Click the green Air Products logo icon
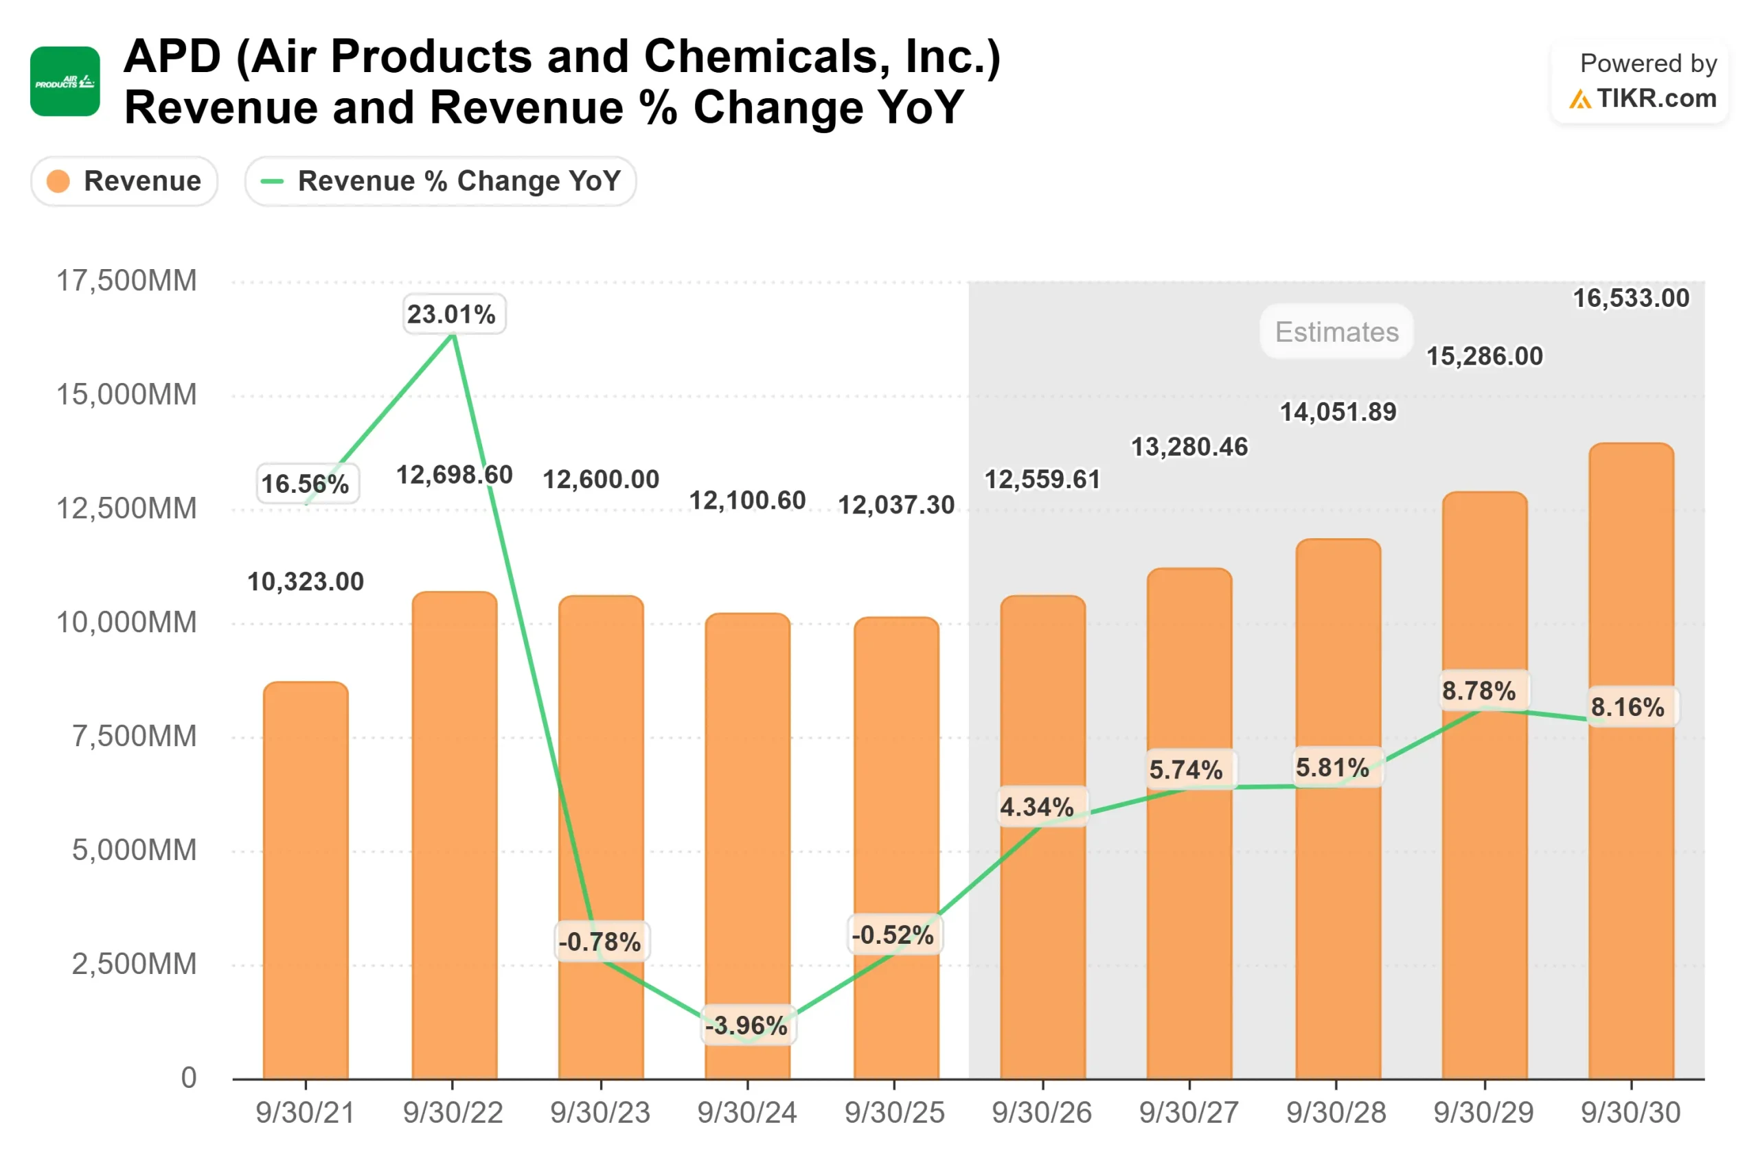pyautogui.click(x=65, y=82)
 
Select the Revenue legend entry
pyautogui.click(x=124, y=181)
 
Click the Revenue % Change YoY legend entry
pyautogui.click(x=440, y=181)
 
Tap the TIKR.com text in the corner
pyautogui.click(x=1656, y=99)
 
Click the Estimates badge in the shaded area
pyautogui.click(x=1336, y=332)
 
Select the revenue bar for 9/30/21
pyautogui.click(x=306, y=881)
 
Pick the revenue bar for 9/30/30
pyautogui.click(x=1630, y=762)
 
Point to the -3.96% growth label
pyautogui.click(x=746, y=1025)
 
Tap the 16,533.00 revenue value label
pyautogui.click(x=1630, y=299)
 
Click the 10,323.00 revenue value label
pyautogui.click(x=306, y=582)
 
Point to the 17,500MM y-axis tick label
pyautogui.click(x=126, y=281)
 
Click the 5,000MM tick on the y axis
pyautogui.click(x=134, y=850)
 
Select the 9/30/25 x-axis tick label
pyautogui.click(x=894, y=1113)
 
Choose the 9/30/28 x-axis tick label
pyautogui.click(x=1336, y=1113)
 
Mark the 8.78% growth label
pyautogui.click(x=1479, y=691)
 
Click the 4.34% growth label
pyautogui.click(x=1036, y=807)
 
